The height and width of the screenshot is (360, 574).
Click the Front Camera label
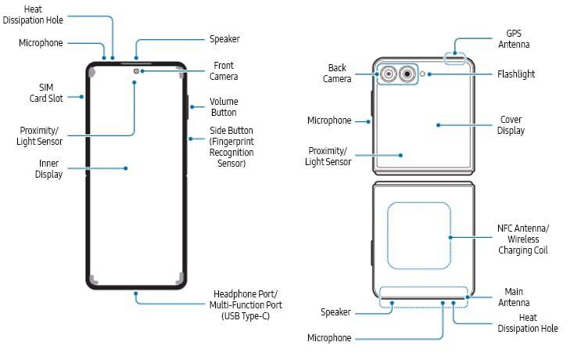click(x=224, y=71)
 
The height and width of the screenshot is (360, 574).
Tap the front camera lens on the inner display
click(x=136, y=71)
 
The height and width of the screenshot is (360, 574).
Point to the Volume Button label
click(x=224, y=107)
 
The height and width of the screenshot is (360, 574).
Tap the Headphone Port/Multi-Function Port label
click(x=248, y=304)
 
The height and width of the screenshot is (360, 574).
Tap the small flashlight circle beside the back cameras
click(x=423, y=74)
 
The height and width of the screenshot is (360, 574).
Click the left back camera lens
click(x=388, y=74)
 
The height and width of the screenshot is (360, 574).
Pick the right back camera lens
click(x=407, y=74)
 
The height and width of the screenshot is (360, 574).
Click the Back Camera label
click(x=337, y=74)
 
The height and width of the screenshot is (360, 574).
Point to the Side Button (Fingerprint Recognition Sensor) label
click(x=231, y=147)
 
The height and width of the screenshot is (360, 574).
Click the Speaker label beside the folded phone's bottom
click(x=335, y=312)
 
